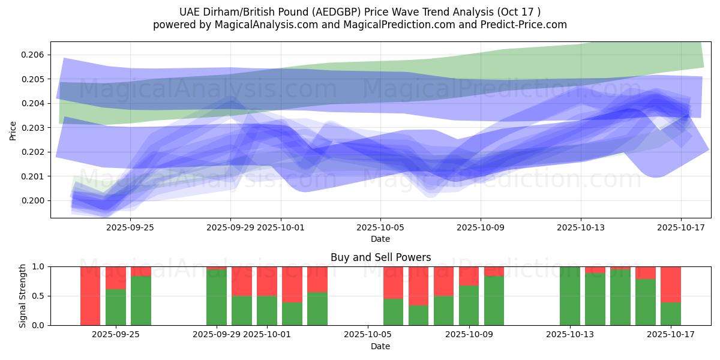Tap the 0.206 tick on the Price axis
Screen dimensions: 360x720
coord(32,55)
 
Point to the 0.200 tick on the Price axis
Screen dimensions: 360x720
coord(32,200)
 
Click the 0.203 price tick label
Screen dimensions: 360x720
coord(32,128)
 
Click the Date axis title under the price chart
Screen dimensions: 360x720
coord(380,239)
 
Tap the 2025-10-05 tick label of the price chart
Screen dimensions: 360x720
coord(380,227)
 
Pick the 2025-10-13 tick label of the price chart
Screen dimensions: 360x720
coord(581,227)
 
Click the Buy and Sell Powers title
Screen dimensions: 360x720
coord(380,257)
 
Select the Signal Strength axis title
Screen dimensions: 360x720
coord(23,296)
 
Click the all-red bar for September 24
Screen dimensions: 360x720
coord(90,296)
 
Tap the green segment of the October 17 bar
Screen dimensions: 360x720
coord(671,314)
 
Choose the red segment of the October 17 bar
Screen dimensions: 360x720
coord(671,284)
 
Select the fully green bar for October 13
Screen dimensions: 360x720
coord(570,296)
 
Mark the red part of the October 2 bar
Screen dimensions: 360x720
coord(292,284)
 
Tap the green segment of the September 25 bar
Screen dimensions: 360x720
coord(116,307)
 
